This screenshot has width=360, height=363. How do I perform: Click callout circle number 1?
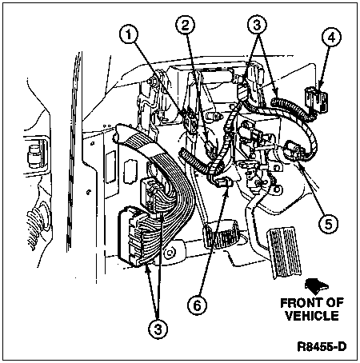129,34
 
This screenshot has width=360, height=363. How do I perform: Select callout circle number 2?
185,26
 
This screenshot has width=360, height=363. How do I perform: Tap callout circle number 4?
331,38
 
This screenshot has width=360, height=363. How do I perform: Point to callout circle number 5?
328,224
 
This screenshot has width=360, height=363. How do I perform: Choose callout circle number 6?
197,305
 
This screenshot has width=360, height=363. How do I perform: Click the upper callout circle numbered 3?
257,26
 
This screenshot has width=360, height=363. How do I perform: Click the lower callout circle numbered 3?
158,329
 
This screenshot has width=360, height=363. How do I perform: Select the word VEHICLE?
312,316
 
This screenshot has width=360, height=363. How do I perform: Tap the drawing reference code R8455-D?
322,347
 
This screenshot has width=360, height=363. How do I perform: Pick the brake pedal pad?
221,233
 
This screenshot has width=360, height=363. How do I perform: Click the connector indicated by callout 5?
294,151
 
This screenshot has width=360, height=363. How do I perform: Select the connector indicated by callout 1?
190,122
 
